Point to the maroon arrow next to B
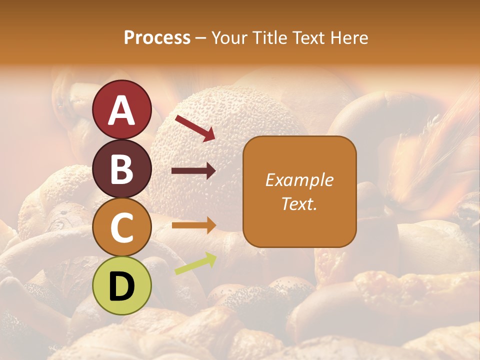point(193,171)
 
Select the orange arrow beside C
point(193,225)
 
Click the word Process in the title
point(157,38)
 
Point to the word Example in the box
point(299,180)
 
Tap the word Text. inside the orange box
point(299,204)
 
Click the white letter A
point(122,110)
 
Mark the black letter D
point(121,286)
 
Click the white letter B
point(121,169)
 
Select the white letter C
point(121,228)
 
